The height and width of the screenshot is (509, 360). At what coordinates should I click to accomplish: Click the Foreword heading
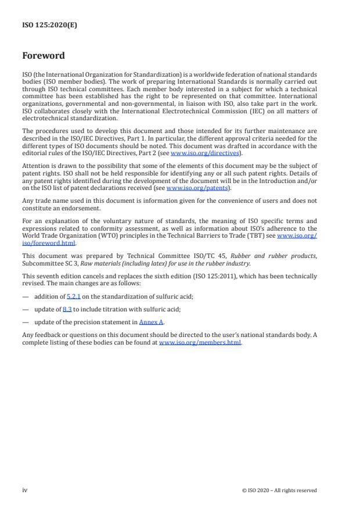(44, 56)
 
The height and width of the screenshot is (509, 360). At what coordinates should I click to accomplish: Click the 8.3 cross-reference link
(67, 309)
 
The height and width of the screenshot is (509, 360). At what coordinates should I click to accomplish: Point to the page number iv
(24, 490)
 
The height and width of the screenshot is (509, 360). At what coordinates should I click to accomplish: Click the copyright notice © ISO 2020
(279, 490)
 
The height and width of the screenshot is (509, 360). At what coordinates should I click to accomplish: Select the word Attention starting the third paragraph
(36, 166)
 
